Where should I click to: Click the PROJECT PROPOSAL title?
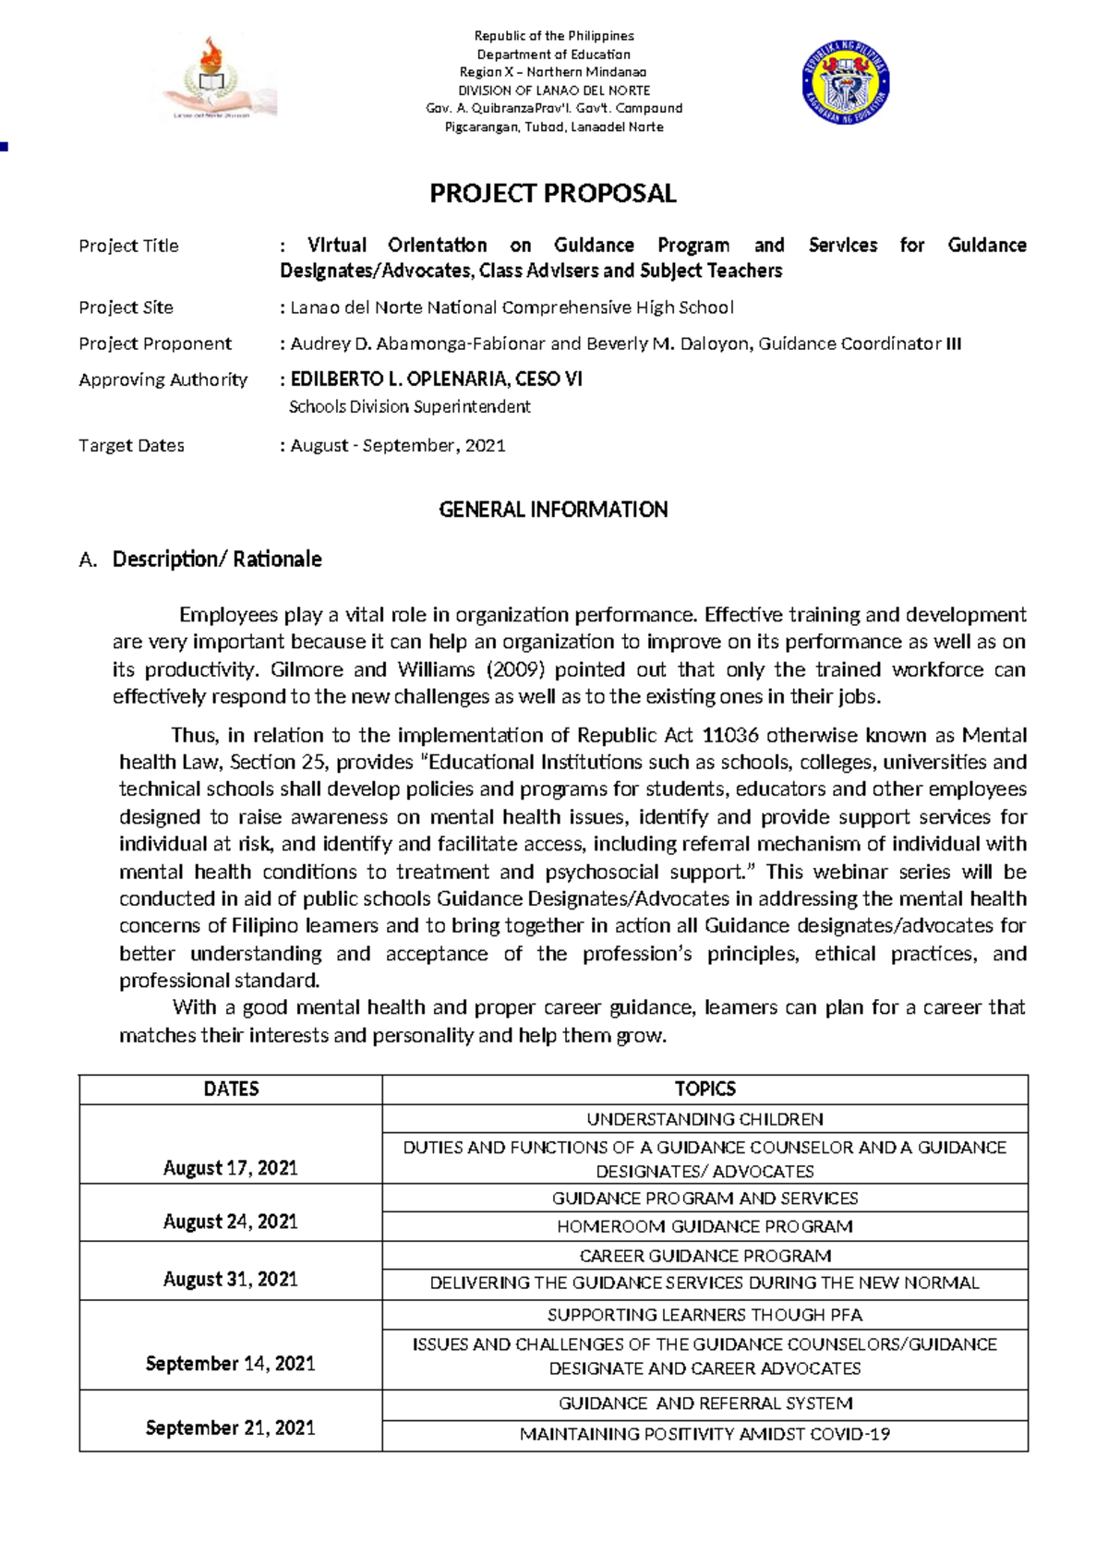click(x=552, y=193)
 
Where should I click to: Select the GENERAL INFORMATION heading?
click(x=552, y=510)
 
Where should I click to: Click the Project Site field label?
click(x=126, y=307)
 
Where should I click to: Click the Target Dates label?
click(x=131, y=445)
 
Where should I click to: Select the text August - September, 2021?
click(x=398, y=445)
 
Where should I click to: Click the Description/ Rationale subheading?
click(x=217, y=559)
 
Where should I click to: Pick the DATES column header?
click(x=231, y=1089)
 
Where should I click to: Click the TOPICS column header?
click(x=705, y=1089)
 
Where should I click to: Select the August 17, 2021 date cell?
click(x=231, y=1168)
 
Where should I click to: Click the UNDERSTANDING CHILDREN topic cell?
click(x=705, y=1119)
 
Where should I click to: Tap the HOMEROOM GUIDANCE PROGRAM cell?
click(x=705, y=1226)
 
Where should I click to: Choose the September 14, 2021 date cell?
click(x=231, y=1363)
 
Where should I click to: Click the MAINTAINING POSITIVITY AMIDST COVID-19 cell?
click(x=705, y=1434)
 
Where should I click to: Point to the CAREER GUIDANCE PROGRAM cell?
click(x=705, y=1256)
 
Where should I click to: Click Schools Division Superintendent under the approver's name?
click(x=409, y=406)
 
